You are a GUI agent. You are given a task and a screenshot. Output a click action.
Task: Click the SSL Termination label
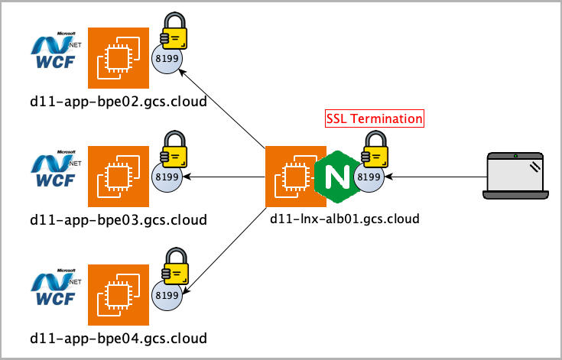tap(374, 119)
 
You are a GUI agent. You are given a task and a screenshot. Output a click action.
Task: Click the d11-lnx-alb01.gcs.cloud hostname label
tap(345, 219)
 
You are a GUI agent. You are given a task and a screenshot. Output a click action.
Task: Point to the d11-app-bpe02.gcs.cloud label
tap(119, 101)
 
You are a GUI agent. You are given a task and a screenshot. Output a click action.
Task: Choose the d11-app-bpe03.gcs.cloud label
tap(119, 220)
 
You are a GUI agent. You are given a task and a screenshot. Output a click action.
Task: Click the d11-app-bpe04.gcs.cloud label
tap(119, 338)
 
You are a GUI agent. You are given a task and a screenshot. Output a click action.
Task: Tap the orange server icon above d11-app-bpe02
tap(118, 58)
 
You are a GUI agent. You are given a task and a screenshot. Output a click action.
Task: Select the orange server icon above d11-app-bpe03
tap(118, 177)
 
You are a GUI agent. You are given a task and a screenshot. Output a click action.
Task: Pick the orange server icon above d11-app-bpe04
tap(118, 294)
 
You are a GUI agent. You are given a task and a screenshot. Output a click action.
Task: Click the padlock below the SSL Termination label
tap(376, 151)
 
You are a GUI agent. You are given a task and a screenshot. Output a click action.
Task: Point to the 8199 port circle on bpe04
tap(167, 295)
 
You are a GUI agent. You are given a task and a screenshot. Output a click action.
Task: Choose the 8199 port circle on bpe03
tap(167, 177)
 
